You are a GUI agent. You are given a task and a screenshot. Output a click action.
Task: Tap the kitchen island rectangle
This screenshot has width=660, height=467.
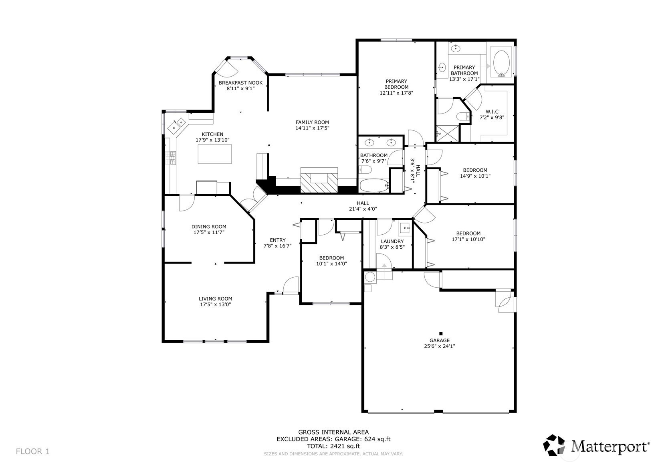tap(214, 154)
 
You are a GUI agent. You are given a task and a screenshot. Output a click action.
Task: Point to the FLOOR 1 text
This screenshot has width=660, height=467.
tap(33, 451)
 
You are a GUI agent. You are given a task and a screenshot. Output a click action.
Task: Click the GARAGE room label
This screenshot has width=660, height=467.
tap(440, 341)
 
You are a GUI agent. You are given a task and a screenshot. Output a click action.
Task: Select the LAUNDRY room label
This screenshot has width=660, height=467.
tap(392, 241)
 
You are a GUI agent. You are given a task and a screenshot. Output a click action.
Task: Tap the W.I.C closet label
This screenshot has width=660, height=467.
tap(492, 112)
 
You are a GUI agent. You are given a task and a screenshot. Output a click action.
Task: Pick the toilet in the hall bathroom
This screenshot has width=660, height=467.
tap(365, 170)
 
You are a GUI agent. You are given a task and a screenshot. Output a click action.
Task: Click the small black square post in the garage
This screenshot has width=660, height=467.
tap(441, 334)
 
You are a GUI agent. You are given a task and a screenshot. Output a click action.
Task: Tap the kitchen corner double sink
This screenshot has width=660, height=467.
tap(177, 125)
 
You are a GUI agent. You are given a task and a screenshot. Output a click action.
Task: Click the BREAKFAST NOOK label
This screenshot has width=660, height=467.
tap(240, 83)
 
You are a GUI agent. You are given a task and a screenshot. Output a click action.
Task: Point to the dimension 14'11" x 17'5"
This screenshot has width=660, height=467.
tap(312, 128)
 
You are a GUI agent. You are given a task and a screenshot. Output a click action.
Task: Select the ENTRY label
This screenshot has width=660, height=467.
tap(278, 240)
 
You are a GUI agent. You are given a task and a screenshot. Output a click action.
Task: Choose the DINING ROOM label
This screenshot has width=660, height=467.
tap(209, 227)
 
